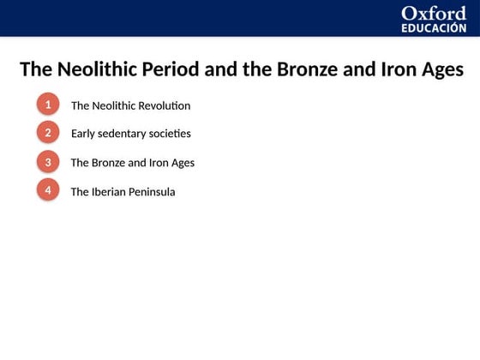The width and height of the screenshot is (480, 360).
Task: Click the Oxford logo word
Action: (434, 13)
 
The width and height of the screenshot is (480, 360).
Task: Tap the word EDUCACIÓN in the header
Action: (434, 27)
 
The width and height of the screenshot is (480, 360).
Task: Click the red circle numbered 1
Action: (48, 105)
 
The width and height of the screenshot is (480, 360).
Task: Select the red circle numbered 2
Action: (48, 133)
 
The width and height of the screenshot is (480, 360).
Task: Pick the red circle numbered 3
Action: (48, 161)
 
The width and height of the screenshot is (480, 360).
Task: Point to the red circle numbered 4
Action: (48, 189)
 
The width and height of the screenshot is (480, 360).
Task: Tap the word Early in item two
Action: (83, 135)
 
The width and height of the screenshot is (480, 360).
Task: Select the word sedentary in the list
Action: (123, 135)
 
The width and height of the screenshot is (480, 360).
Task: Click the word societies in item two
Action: (171, 135)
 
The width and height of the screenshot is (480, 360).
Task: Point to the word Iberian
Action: (109, 192)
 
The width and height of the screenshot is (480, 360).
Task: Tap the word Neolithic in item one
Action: (114, 106)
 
